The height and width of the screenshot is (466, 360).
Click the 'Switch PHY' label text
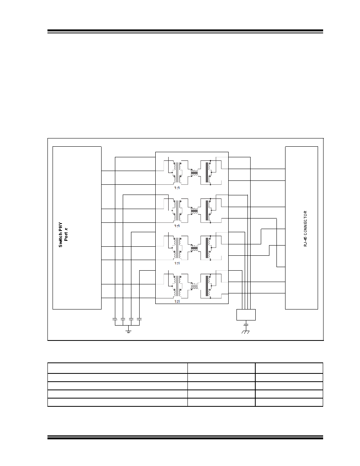click(61, 235)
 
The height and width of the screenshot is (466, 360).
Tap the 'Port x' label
click(66, 234)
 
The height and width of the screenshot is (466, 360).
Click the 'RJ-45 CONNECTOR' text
click(305, 229)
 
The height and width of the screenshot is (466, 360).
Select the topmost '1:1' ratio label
click(177, 188)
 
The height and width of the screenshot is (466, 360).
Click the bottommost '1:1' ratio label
click(177, 301)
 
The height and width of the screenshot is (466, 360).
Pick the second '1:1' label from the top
click(177, 226)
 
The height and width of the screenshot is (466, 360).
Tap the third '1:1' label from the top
click(177, 263)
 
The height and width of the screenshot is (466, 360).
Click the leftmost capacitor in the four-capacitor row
click(115, 319)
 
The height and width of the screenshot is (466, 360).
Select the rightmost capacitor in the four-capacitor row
click(139, 319)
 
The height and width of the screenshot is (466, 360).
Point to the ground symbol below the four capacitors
click(128, 330)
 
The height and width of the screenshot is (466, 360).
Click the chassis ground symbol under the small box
click(245, 332)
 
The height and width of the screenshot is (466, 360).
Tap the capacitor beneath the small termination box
click(245, 323)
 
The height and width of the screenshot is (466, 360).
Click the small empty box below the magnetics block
click(246, 315)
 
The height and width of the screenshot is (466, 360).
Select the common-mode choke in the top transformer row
click(194, 172)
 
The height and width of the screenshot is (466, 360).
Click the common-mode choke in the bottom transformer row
click(194, 286)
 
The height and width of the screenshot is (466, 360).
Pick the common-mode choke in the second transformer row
click(194, 210)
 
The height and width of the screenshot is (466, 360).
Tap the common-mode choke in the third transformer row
click(194, 248)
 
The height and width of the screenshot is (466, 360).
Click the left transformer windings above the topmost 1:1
click(177, 172)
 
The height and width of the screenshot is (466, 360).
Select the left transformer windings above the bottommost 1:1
click(177, 286)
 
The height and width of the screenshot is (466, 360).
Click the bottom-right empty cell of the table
click(289, 402)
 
